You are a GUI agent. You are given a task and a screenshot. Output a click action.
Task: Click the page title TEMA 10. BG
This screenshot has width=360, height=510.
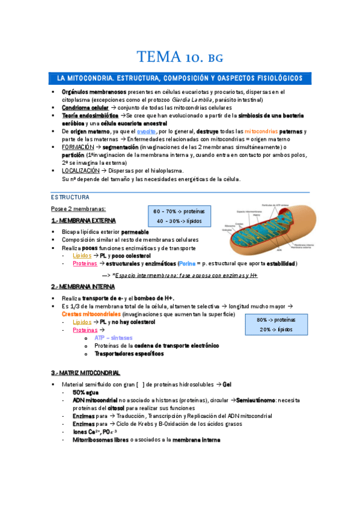(180, 58)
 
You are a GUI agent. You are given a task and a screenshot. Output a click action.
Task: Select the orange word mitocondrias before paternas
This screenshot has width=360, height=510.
(243, 131)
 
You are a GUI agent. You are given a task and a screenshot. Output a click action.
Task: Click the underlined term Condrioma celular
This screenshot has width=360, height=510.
(85, 108)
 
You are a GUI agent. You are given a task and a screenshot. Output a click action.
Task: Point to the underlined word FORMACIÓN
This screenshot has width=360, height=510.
(78, 147)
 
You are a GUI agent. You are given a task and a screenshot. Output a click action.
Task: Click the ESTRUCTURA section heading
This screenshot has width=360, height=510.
(70, 197)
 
